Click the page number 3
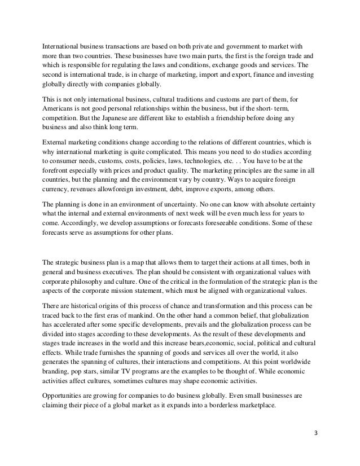click(317, 436)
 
